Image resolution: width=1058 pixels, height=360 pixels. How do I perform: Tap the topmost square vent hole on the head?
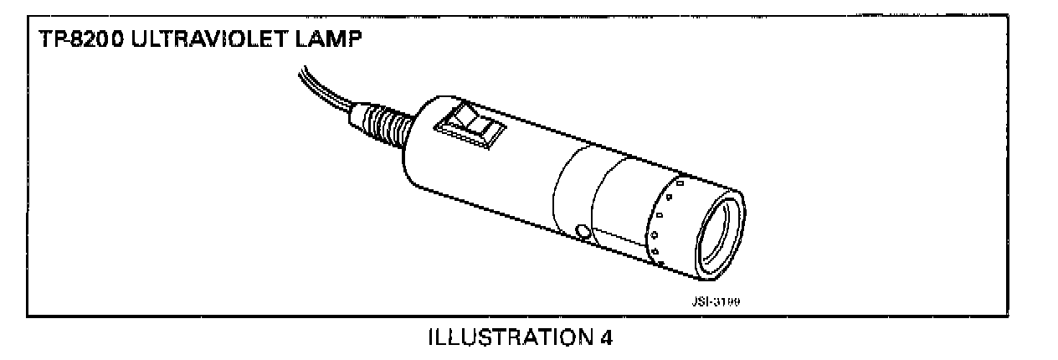680,183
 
